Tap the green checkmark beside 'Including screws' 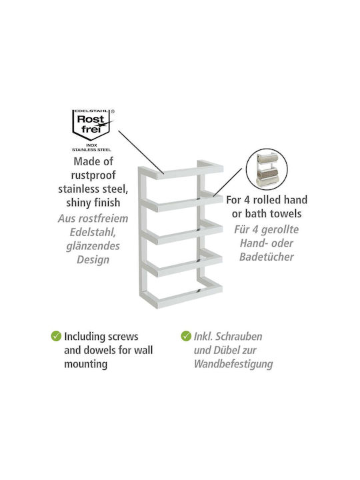click(x=56, y=336)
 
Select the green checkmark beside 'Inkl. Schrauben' click(x=186, y=336)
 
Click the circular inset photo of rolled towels click(x=267, y=169)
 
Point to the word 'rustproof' click(x=93, y=175)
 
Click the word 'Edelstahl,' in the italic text click(x=93, y=233)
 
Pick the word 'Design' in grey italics click(x=93, y=259)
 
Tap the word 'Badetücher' click(x=266, y=257)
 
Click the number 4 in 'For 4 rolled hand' click(x=247, y=200)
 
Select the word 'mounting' click(x=86, y=364)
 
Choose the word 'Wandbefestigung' click(x=233, y=364)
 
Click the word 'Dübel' click(x=225, y=350)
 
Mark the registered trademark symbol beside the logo click(x=113, y=112)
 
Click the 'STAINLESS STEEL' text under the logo click(x=91, y=150)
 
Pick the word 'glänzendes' click(x=93, y=246)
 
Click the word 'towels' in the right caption click(x=286, y=214)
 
